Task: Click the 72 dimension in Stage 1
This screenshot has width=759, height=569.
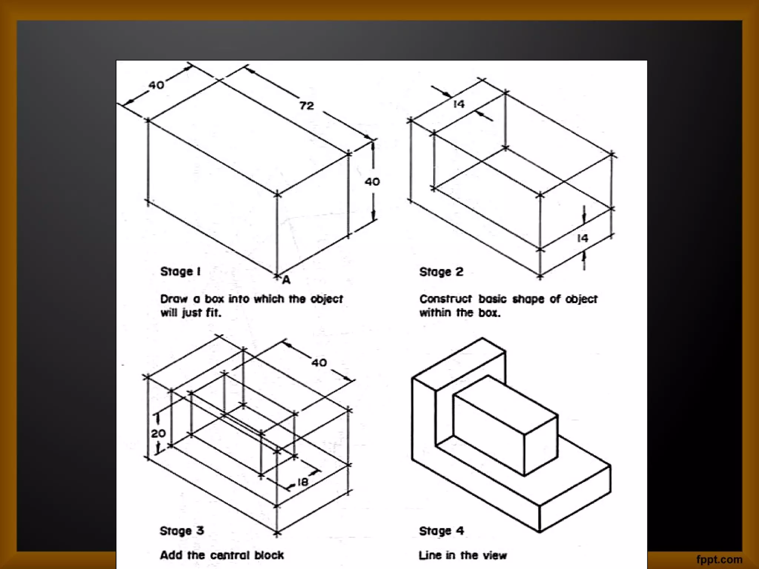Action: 306,106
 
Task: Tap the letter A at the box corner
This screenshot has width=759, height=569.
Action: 286,280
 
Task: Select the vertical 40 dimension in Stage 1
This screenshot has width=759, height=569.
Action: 372,182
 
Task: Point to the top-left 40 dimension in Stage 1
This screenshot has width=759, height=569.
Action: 156,85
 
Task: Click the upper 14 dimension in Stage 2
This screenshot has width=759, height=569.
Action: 459,104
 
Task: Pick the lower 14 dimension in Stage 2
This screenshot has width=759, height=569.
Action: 583,238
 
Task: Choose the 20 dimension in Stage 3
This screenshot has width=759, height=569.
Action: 158,433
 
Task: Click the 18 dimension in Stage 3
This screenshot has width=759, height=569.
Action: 302,482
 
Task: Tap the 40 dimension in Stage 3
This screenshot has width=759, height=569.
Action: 319,362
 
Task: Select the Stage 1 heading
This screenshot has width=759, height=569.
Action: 180,272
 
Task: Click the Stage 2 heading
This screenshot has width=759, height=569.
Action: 441,272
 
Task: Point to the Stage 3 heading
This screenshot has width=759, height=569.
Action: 182,531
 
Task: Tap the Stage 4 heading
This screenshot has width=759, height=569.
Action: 441,531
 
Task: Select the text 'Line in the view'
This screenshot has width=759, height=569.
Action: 463,555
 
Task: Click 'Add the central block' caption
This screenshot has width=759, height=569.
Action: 222,555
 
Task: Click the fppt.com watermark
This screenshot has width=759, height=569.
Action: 719,559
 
